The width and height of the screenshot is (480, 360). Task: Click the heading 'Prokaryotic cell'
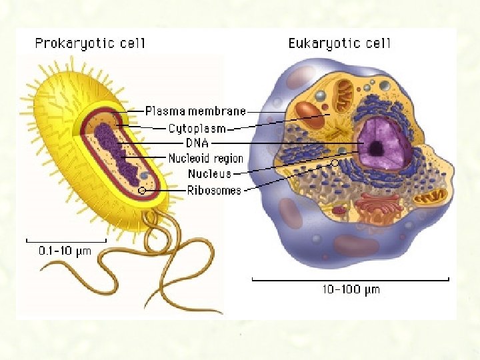click(90, 45)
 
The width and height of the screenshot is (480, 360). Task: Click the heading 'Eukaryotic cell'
click(339, 45)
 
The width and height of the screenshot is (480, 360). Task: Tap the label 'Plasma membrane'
click(195, 111)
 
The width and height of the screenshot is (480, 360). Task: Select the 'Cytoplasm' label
click(196, 128)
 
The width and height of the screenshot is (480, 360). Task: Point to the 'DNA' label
click(197, 143)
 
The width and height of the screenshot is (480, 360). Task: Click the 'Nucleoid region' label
click(205, 159)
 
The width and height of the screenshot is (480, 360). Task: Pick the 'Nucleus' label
click(209, 174)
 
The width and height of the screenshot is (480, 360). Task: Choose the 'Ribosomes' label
click(214, 190)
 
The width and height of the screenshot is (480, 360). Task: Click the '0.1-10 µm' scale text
click(65, 251)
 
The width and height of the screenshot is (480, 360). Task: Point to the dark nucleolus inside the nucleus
click(377, 148)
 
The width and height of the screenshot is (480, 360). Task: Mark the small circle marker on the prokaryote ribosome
click(142, 191)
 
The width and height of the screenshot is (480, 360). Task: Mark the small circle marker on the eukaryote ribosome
click(334, 163)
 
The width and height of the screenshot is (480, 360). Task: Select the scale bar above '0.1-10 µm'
click(65, 239)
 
